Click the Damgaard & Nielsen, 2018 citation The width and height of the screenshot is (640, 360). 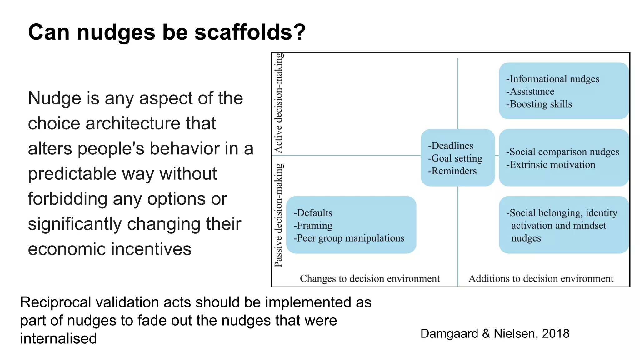click(x=495, y=334)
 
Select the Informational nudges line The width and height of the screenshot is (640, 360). click(x=553, y=79)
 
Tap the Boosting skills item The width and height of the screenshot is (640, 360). click(x=539, y=104)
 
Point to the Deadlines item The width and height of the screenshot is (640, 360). click(x=451, y=146)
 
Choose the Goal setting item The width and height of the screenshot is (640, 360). click(x=455, y=158)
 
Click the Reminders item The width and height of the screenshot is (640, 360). click(x=452, y=171)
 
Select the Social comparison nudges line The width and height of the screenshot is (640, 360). click(x=562, y=152)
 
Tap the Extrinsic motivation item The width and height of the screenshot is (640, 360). click(x=551, y=165)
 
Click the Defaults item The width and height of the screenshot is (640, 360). click(x=313, y=213)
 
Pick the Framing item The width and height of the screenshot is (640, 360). click(x=313, y=226)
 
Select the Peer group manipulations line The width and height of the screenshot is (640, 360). click(x=349, y=238)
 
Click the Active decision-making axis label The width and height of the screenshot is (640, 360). click(x=278, y=103)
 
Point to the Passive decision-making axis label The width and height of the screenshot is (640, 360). click(x=278, y=215)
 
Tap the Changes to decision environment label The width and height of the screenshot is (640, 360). click(x=370, y=278)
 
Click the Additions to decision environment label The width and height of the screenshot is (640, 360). click(x=541, y=278)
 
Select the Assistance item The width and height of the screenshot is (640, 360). click(x=530, y=92)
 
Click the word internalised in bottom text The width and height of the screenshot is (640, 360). click(x=58, y=339)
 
